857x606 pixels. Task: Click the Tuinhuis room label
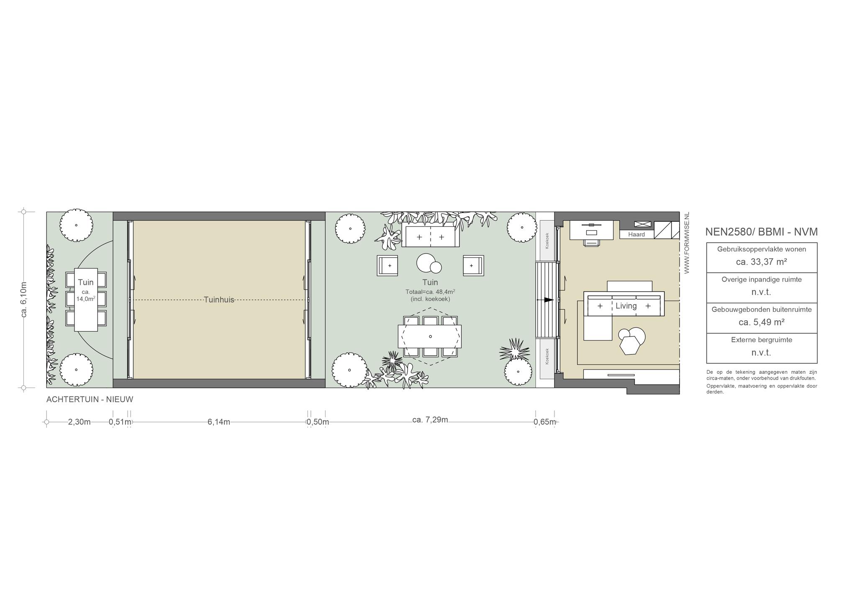click(219, 300)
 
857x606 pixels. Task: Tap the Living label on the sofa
click(626, 306)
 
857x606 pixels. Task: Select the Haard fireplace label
click(636, 234)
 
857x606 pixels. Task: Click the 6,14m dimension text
click(219, 422)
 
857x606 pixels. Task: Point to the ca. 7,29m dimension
click(430, 420)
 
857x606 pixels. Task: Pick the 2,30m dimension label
click(80, 422)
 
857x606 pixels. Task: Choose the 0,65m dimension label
click(545, 422)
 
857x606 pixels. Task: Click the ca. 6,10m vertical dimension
click(24, 300)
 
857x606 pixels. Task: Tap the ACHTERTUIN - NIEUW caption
click(90, 399)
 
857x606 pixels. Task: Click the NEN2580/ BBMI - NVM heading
click(762, 232)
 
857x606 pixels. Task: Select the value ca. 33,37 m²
click(762, 262)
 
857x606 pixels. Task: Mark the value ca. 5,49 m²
click(762, 322)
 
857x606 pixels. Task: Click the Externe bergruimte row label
click(762, 340)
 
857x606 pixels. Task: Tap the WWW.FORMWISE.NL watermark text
click(687, 243)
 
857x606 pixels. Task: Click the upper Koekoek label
click(547, 241)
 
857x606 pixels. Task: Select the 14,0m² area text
click(86, 299)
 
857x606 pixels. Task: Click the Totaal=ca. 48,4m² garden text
click(430, 292)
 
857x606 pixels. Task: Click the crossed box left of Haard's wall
click(643, 224)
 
